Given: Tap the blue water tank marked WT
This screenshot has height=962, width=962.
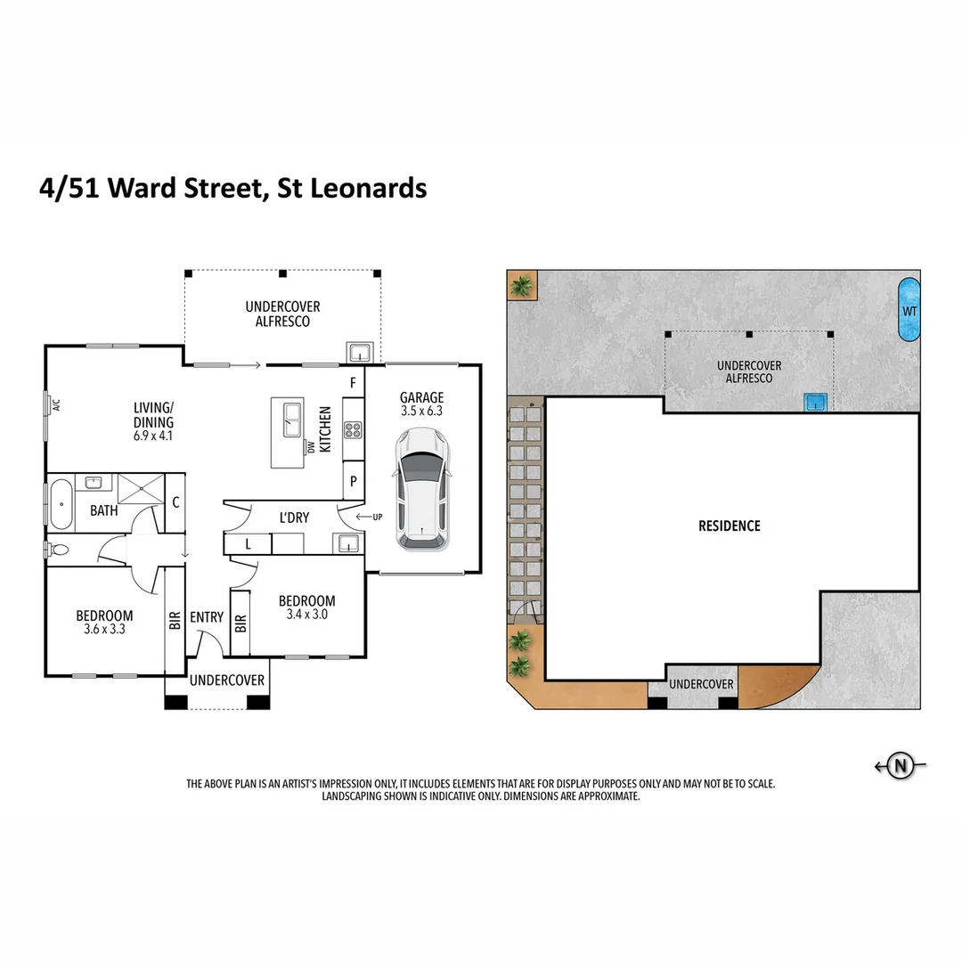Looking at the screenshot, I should click(908, 310).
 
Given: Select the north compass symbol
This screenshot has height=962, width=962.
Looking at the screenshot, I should click(901, 765).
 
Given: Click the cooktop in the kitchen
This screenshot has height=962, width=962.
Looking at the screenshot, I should click(353, 431).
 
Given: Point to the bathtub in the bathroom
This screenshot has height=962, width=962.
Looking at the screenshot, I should click(60, 504).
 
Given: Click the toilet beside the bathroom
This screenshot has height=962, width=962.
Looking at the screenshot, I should click(61, 550).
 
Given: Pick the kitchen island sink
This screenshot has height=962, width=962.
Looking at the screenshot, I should click(292, 420).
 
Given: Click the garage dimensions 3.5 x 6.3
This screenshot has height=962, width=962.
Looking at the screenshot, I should click(421, 412).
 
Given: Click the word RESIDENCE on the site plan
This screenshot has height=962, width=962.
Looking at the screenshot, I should click(730, 526).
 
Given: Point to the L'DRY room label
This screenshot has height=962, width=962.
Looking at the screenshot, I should click(295, 518).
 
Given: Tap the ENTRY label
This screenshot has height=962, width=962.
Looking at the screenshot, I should click(207, 617).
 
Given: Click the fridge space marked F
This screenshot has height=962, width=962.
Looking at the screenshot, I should click(354, 384).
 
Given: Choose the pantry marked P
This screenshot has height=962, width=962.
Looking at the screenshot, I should click(354, 481).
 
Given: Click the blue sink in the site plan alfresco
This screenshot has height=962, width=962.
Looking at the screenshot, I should click(815, 403).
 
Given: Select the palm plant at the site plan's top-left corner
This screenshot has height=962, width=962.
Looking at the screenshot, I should click(520, 287).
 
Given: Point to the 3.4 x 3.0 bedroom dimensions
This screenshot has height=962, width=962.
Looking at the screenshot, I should click(306, 615).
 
